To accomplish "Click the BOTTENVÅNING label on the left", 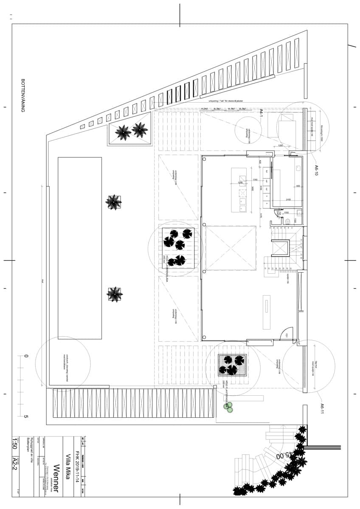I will coord(23,95).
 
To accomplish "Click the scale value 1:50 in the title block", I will coord(15,444).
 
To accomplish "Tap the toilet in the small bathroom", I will coord(288,221).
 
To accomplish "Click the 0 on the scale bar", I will coord(25,356).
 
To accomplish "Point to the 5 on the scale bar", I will coord(25,417).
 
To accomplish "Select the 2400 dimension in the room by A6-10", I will coord(287,199).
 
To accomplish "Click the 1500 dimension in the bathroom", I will coord(287,213).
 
